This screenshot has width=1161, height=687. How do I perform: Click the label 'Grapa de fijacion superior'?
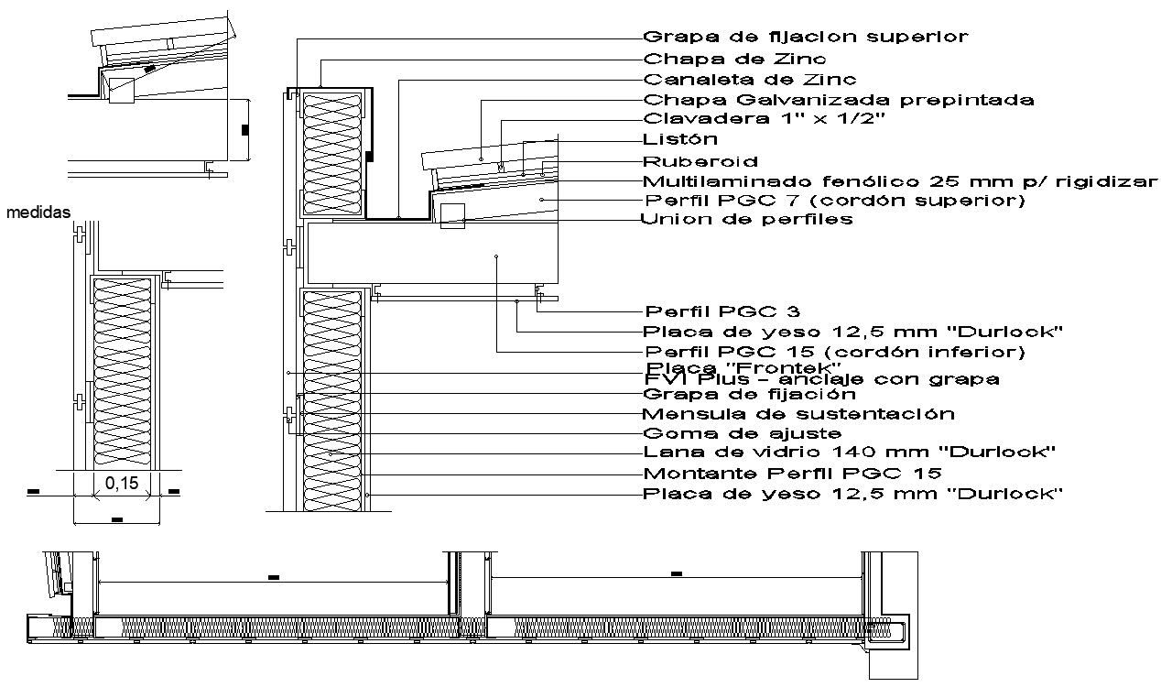[806, 38]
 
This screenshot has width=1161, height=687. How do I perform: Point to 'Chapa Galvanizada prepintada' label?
[839, 100]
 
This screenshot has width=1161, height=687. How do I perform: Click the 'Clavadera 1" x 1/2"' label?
[765, 119]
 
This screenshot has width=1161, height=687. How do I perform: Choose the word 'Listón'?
[680, 139]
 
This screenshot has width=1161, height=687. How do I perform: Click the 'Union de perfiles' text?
[747, 219]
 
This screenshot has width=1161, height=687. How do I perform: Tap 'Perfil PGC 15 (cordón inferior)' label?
[834, 352]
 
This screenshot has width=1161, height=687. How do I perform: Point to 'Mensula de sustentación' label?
[798, 414]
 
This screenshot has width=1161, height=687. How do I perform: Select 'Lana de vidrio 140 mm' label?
[851, 453]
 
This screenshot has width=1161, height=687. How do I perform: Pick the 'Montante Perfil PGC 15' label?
[793, 474]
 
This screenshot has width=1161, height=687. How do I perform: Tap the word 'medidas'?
[38, 213]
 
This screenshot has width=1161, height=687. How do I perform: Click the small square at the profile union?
[453, 216]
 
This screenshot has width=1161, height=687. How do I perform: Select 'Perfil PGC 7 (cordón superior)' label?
[834, 200]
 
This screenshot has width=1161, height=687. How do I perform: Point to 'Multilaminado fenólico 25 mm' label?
[900, 180]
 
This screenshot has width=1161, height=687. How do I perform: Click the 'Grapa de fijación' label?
[749, 394]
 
